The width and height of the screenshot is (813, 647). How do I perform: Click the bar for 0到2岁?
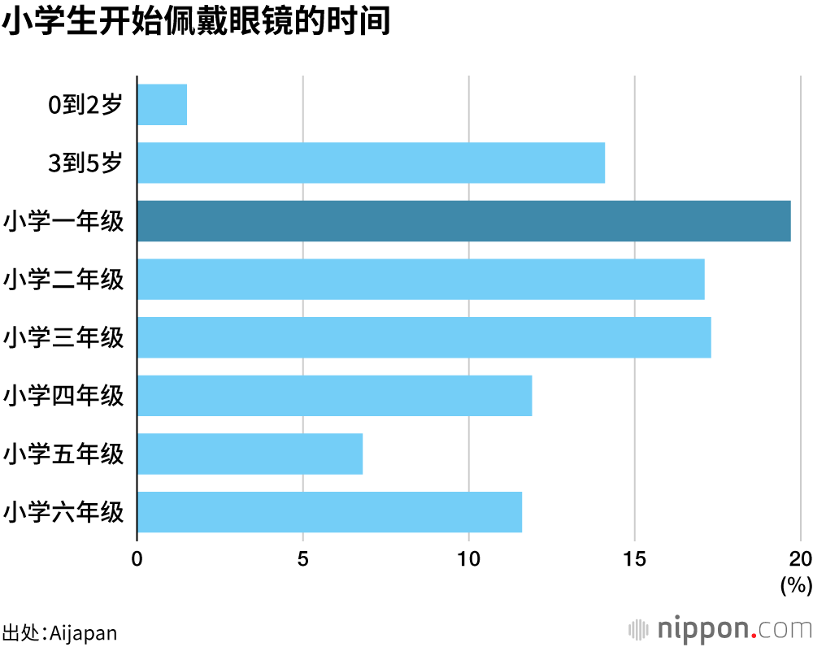(162, 105)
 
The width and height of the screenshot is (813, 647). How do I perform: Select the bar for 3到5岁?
(371, 163)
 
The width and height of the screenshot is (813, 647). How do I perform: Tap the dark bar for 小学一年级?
(463, 221)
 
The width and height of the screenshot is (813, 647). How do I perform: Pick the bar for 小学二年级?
(420, 279)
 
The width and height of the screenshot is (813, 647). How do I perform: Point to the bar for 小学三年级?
(424, 337)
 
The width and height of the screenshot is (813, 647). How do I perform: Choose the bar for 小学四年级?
(334, 396)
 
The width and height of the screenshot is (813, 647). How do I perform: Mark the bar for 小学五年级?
(250, 454)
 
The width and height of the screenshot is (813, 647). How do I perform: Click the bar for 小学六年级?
(329, 512)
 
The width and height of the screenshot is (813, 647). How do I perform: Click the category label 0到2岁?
(85, 105)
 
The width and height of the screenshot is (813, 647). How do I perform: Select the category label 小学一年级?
(63, 221)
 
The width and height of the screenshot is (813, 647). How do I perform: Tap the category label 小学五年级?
(63, 454)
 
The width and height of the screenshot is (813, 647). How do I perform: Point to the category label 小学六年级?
(63, 512)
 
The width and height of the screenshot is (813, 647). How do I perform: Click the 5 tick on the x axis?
(303, 559)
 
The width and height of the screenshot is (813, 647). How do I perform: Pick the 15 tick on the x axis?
(635, 559)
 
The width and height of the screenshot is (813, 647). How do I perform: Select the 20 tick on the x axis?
(801, 559)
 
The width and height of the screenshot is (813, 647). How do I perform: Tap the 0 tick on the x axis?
(137, 559)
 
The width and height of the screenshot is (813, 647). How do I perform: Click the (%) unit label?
(796, 584)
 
